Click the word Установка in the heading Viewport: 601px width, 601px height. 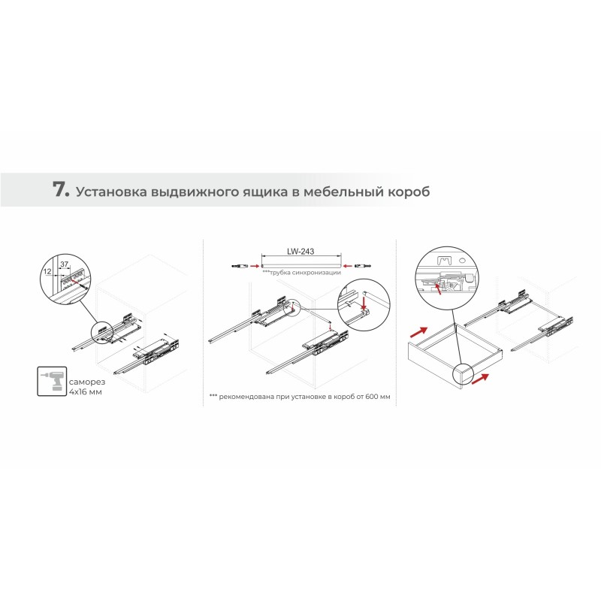pos(111,192)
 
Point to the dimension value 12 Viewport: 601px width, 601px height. pos(47,271)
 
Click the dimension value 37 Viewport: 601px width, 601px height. pos(64,264)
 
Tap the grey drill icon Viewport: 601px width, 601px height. pos(52,382)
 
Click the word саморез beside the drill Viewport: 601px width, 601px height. pos(87,382)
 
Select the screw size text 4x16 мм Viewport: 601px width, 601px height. pos(86,392)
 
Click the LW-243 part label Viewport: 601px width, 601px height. pos(300,252)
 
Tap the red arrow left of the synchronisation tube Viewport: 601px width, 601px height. pos(254,265)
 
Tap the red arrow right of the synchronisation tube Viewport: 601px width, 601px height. pos(348,265)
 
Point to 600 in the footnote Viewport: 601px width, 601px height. pos(371,397)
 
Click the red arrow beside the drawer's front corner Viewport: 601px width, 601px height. pos(481,379)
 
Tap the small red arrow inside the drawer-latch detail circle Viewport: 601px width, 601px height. pos(437,288)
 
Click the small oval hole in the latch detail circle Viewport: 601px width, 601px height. pos(461,260)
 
